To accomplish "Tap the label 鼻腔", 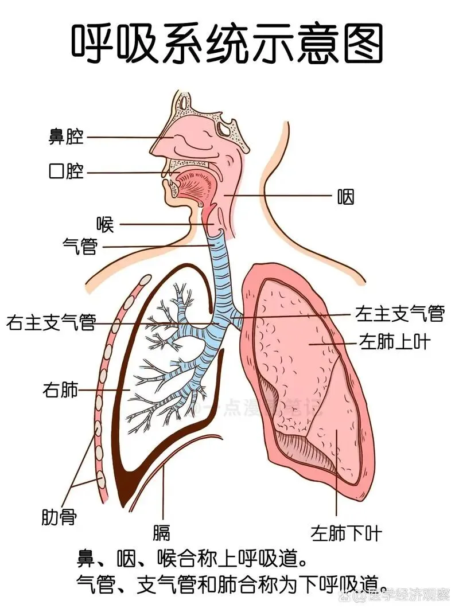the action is point(66,137).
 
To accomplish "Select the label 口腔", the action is point(66,171).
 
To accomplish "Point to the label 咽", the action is point(345,197).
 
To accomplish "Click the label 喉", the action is point(104,224).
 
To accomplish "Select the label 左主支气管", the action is point(400,313).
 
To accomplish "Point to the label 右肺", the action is point(60,391).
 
